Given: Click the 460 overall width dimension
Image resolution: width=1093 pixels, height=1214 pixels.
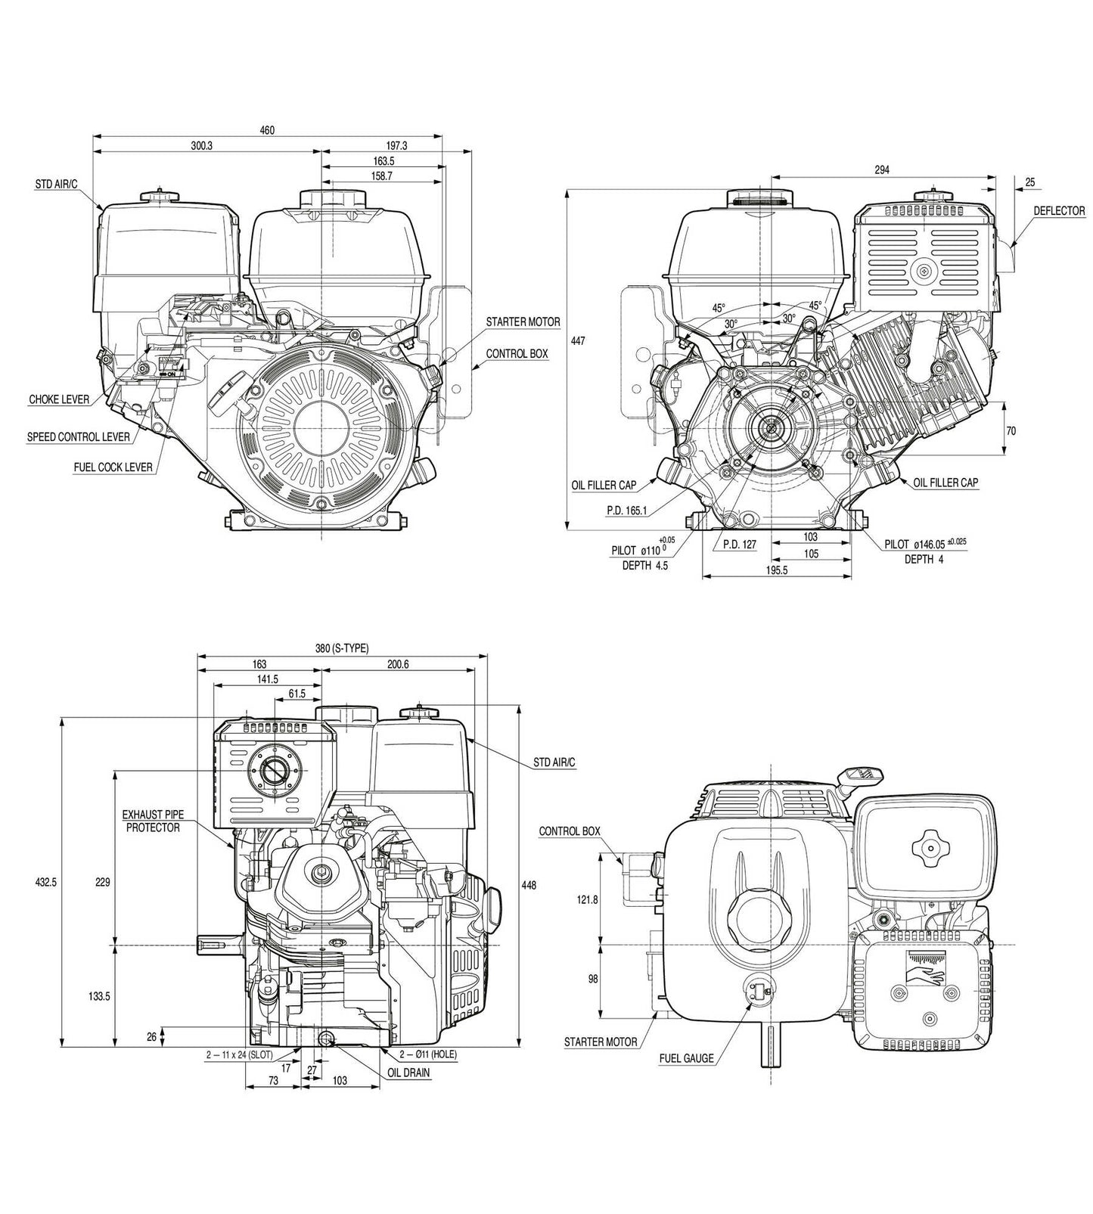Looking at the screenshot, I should point(267,130).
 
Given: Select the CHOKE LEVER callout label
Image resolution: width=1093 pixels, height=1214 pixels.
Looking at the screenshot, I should point(59,399).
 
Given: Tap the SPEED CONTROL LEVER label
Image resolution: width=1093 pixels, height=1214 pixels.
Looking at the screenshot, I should point(78,437).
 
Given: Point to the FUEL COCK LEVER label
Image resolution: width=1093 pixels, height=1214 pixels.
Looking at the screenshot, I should point(113,467).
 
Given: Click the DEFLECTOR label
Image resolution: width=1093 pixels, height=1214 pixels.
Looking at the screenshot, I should point(1059,211).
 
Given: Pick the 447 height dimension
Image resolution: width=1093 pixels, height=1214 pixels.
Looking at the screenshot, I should point(578,341).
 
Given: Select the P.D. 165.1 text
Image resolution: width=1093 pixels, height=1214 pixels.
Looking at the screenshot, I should point(626,511).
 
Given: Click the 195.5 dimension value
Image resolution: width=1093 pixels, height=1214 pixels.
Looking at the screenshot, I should point(776,570).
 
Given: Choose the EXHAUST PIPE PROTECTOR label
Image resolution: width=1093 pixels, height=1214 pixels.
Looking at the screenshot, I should point(153,821).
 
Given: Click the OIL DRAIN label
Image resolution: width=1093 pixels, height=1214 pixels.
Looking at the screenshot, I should point(408,1073).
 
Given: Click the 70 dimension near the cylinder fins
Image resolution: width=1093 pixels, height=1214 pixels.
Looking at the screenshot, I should point(1011,431).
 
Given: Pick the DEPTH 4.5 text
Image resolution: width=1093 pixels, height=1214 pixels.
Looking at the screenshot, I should point(645,565).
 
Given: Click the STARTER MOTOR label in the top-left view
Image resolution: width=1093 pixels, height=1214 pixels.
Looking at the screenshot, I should point(523,322).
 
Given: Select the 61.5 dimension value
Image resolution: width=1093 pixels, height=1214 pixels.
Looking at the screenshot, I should point(297,694).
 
